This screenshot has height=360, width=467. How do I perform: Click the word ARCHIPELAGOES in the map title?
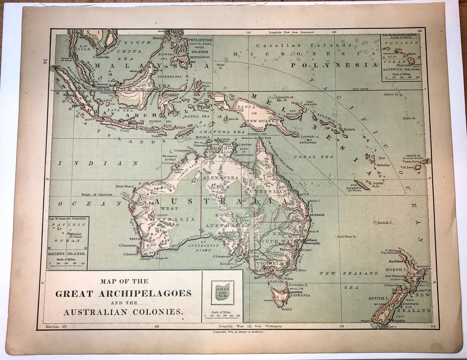tap(145, 294)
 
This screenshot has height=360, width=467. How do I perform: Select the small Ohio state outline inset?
tap(222, 292)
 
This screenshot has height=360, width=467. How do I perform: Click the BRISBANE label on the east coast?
tap(317, 215)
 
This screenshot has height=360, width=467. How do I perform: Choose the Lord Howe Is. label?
tap(347, 237)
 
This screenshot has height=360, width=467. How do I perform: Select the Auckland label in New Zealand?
tap(397, 261)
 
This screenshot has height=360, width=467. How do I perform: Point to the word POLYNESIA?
tap(334, 65)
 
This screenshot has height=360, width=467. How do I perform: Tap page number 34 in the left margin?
tap(44, 62)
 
